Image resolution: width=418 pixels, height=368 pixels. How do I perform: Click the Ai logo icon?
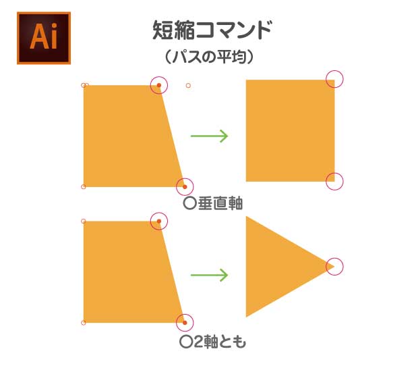44,38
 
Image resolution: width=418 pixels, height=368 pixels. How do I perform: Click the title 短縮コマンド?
212,30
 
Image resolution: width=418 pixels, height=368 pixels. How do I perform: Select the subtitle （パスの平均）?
209,57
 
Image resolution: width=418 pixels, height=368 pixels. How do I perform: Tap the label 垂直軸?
220,203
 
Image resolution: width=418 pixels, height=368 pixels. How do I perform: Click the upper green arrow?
209,136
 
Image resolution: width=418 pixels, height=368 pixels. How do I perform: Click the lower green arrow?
209,275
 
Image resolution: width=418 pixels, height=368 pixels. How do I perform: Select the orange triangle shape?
290,267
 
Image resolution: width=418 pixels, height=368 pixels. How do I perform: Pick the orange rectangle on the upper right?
290,130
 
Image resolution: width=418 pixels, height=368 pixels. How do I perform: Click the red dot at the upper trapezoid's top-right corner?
159,85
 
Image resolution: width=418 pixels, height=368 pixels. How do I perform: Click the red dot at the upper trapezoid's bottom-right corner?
185,187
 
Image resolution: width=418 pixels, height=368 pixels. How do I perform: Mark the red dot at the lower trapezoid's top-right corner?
159,221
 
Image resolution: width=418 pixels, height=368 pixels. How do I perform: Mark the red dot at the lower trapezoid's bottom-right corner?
185,323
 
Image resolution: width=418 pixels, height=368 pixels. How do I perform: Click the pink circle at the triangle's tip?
334,267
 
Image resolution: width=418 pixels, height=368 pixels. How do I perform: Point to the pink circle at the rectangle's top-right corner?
334,79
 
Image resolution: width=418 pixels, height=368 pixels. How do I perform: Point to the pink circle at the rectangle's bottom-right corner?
334,182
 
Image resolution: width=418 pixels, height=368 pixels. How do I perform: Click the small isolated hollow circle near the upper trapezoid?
188,86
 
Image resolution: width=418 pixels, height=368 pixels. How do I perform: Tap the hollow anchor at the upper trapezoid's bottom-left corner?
83,186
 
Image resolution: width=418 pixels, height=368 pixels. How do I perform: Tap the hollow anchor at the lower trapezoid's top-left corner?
83,221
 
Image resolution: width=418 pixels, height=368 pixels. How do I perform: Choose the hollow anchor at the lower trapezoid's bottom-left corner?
83,323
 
